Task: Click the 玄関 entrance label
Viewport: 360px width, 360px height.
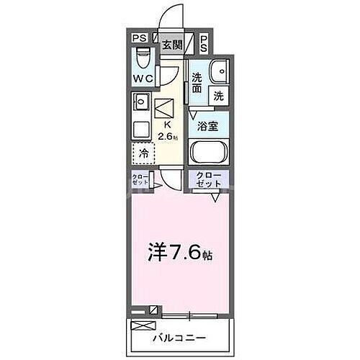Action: [171, 44]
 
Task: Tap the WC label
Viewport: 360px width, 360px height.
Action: [143, 78]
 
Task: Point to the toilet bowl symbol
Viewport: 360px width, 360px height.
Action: [143, 57]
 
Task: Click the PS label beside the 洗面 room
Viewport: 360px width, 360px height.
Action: [204, 42]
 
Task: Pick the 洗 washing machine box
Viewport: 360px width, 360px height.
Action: [218, 94]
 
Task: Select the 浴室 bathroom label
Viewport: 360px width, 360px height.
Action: [209, 125]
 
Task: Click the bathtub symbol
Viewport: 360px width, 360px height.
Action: [209, 153]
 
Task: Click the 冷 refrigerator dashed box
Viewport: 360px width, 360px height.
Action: [143, 153]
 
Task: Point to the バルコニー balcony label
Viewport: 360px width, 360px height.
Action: [179, 337]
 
